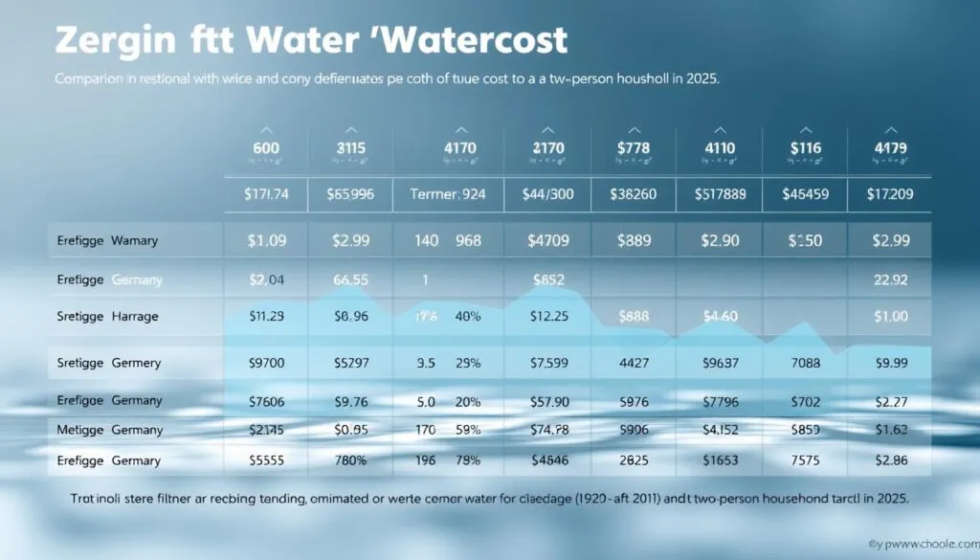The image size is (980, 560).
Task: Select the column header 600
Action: click(x=266, y=148)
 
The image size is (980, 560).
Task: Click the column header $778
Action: click(x=633, y=148)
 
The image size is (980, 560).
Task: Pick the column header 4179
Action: click(x=890, y=148)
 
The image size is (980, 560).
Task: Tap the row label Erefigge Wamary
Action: click(x=108, y=241)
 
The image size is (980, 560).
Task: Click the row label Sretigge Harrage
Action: click(x=108, y=315)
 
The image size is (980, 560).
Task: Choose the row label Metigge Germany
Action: click(x=108, y=430)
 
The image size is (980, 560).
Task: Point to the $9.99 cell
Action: click(x=890, y=363)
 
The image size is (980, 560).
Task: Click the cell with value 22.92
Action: click(x=890, y=280)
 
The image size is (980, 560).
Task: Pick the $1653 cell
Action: click(x=718, y=460)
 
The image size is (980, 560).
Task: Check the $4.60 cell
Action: click(x=718, y=316)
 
